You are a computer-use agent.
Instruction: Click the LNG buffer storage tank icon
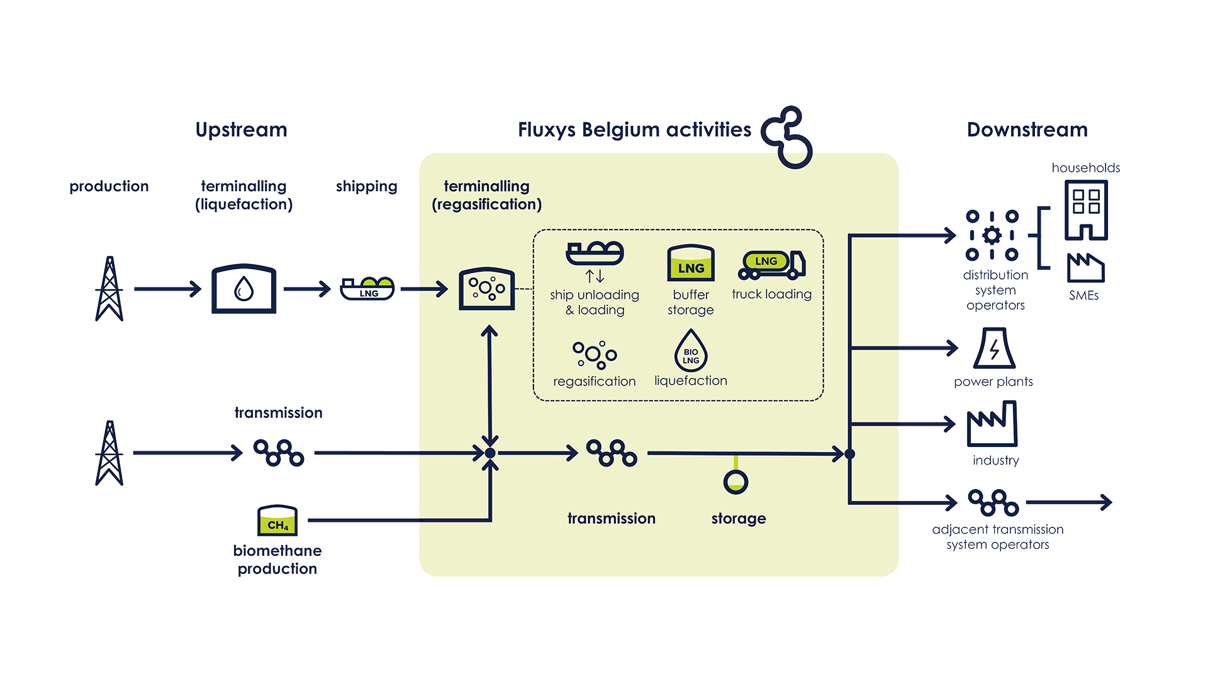coord(691,263)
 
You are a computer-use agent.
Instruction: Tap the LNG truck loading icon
coord(771,265)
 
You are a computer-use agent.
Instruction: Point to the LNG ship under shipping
coord(367,289)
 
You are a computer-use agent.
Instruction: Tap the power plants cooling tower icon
coord(993,348)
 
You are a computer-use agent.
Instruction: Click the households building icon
coord(1086,210)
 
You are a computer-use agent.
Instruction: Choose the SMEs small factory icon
coord(1086,268)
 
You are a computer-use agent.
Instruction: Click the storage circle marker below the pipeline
coord(735,482)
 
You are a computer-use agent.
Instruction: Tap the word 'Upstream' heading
coord(241,130)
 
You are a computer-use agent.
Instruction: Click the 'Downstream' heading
coord(1027,130)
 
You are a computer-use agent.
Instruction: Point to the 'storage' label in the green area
coord(739,519)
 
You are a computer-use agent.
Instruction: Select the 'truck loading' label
coord(771,294)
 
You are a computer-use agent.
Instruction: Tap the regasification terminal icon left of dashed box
coord(487,289)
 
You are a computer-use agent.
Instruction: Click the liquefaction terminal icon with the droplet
coord(243,289)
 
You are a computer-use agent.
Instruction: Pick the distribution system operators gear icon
coord(992,235)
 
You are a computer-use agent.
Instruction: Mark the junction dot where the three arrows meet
coord(490,453)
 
